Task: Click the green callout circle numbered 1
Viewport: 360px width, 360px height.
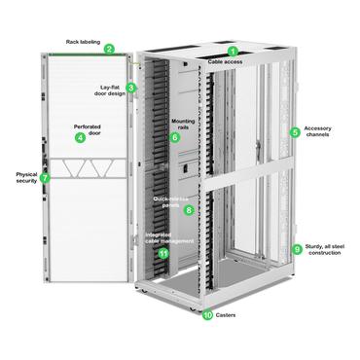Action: click(x=233, y=51)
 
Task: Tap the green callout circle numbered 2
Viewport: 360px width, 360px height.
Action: click(x=110, y=49)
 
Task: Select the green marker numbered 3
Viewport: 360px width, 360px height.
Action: click(x=131, y=87)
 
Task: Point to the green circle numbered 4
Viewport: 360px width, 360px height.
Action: click(x=81, y=138)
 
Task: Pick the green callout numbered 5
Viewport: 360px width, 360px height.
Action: click(x=296, y=131)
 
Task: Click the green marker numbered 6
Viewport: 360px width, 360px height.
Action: click(x=175, y=137)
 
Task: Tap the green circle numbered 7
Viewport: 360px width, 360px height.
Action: click(x=45, y=178)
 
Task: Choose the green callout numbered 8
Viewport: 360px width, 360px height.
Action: click(x=189, y=209)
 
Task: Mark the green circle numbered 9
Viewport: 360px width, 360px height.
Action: click(x=297, y=249)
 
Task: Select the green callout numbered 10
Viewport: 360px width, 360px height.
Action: click(x=206, y=315)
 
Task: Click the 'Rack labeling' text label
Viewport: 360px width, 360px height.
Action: click(x=85, y=41)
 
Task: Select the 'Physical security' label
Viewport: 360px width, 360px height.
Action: click(x=20, y=178)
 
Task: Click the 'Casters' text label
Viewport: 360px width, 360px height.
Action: click(x=228, y=315)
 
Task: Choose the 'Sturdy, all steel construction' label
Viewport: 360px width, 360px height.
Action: click(x=327, y=252)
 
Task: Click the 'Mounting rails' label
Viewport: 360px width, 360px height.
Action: click(x=185, y=124)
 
